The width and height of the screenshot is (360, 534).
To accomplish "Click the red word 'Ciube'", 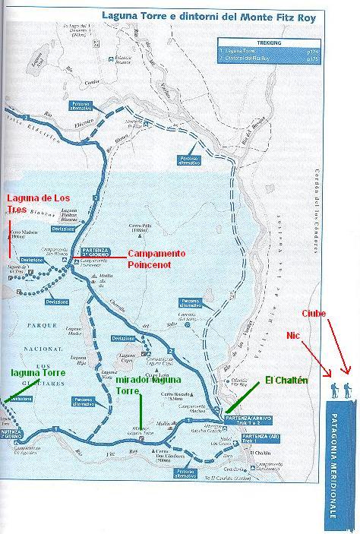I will (x=314, y=313).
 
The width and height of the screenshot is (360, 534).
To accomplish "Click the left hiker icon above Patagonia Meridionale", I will (x=336, y=391).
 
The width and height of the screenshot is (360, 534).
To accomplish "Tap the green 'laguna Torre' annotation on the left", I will (x=37, y=373).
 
